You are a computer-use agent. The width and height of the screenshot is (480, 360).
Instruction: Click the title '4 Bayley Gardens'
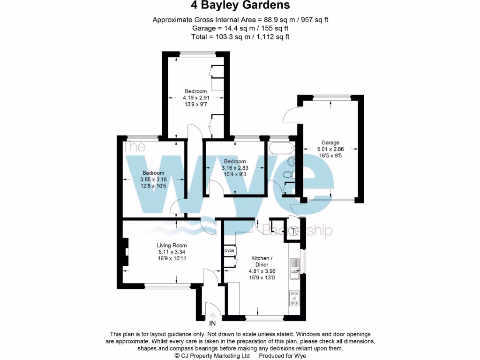(240, 6)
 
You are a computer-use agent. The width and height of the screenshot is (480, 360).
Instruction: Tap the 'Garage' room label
(330, 143)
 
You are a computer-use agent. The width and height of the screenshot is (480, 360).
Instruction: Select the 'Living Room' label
(172, 245)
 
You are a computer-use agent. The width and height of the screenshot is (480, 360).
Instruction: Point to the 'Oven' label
(229, 250)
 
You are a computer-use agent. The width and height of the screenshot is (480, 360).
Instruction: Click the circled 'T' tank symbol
(294, 231)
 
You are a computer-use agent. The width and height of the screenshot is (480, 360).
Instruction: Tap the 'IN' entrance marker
(212, 323)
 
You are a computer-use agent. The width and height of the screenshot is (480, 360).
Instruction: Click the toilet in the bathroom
(288, 175)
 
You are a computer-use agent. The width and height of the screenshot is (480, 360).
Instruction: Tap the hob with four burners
(294, 298)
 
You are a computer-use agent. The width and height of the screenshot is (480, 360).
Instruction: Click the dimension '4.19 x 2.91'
(195, 98)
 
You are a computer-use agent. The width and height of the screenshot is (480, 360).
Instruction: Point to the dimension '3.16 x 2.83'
(234, 168)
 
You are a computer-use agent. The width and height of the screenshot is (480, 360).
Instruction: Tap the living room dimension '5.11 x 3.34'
(172, 252)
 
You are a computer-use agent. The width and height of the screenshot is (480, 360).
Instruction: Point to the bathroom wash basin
(291, 162)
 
